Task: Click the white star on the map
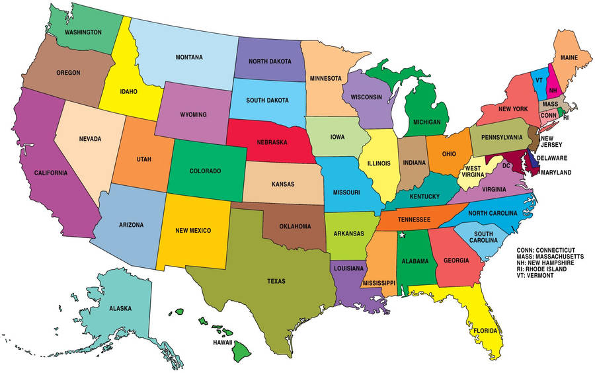[x=402, y=235]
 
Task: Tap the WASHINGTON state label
[x=83, y=32]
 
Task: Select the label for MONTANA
[x=189, y=57]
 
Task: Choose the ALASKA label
[x=120, y=308]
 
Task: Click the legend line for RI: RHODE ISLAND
[x=546, y=269]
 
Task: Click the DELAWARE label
[x=551, y=158]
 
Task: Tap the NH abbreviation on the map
[x=553, y=89]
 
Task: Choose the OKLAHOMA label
[x=295, y=226]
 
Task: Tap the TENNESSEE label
[x=414, y=219]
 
